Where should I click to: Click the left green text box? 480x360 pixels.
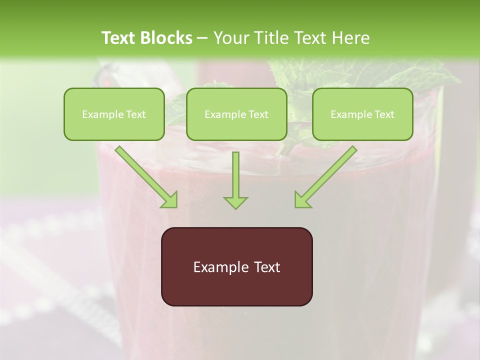(x=114, y=114)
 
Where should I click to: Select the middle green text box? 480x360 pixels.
(x=236, y=114)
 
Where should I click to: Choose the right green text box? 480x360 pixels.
(x=362, y=114)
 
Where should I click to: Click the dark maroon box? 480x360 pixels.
(x=236, y=266)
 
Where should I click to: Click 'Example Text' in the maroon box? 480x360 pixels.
(x=236, y=267)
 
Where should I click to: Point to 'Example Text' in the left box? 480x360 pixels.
(x=114, y=114)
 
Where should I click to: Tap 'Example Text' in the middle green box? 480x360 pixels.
(x=236, y=114)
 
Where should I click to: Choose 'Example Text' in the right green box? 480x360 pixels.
(x=362, y=114)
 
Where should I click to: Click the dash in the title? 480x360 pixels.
(x=202, y=38)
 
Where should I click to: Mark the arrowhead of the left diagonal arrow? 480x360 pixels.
(x=169, y=199)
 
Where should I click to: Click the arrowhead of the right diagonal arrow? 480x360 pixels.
(x=302, y=199)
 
